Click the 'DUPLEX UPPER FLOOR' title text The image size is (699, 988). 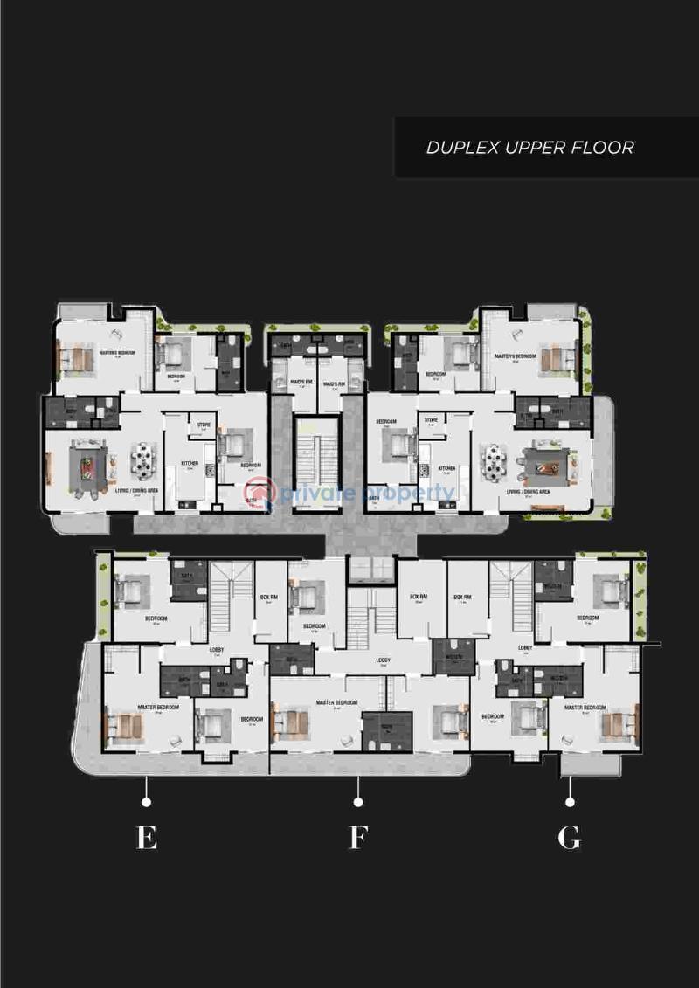coord(529,147)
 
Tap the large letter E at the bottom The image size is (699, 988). coord(147,839)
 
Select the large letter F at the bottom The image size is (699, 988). coord(357,839)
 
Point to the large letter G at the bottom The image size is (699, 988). coord(569,839)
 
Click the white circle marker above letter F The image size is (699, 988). coord(357,801)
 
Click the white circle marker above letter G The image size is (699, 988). coord(570,801)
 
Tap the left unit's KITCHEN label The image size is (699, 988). coord(190,463)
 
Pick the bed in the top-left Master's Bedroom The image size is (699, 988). coord(77,358)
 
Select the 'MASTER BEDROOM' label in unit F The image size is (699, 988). coord(336,702)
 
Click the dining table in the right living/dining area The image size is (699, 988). coord(495,462)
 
